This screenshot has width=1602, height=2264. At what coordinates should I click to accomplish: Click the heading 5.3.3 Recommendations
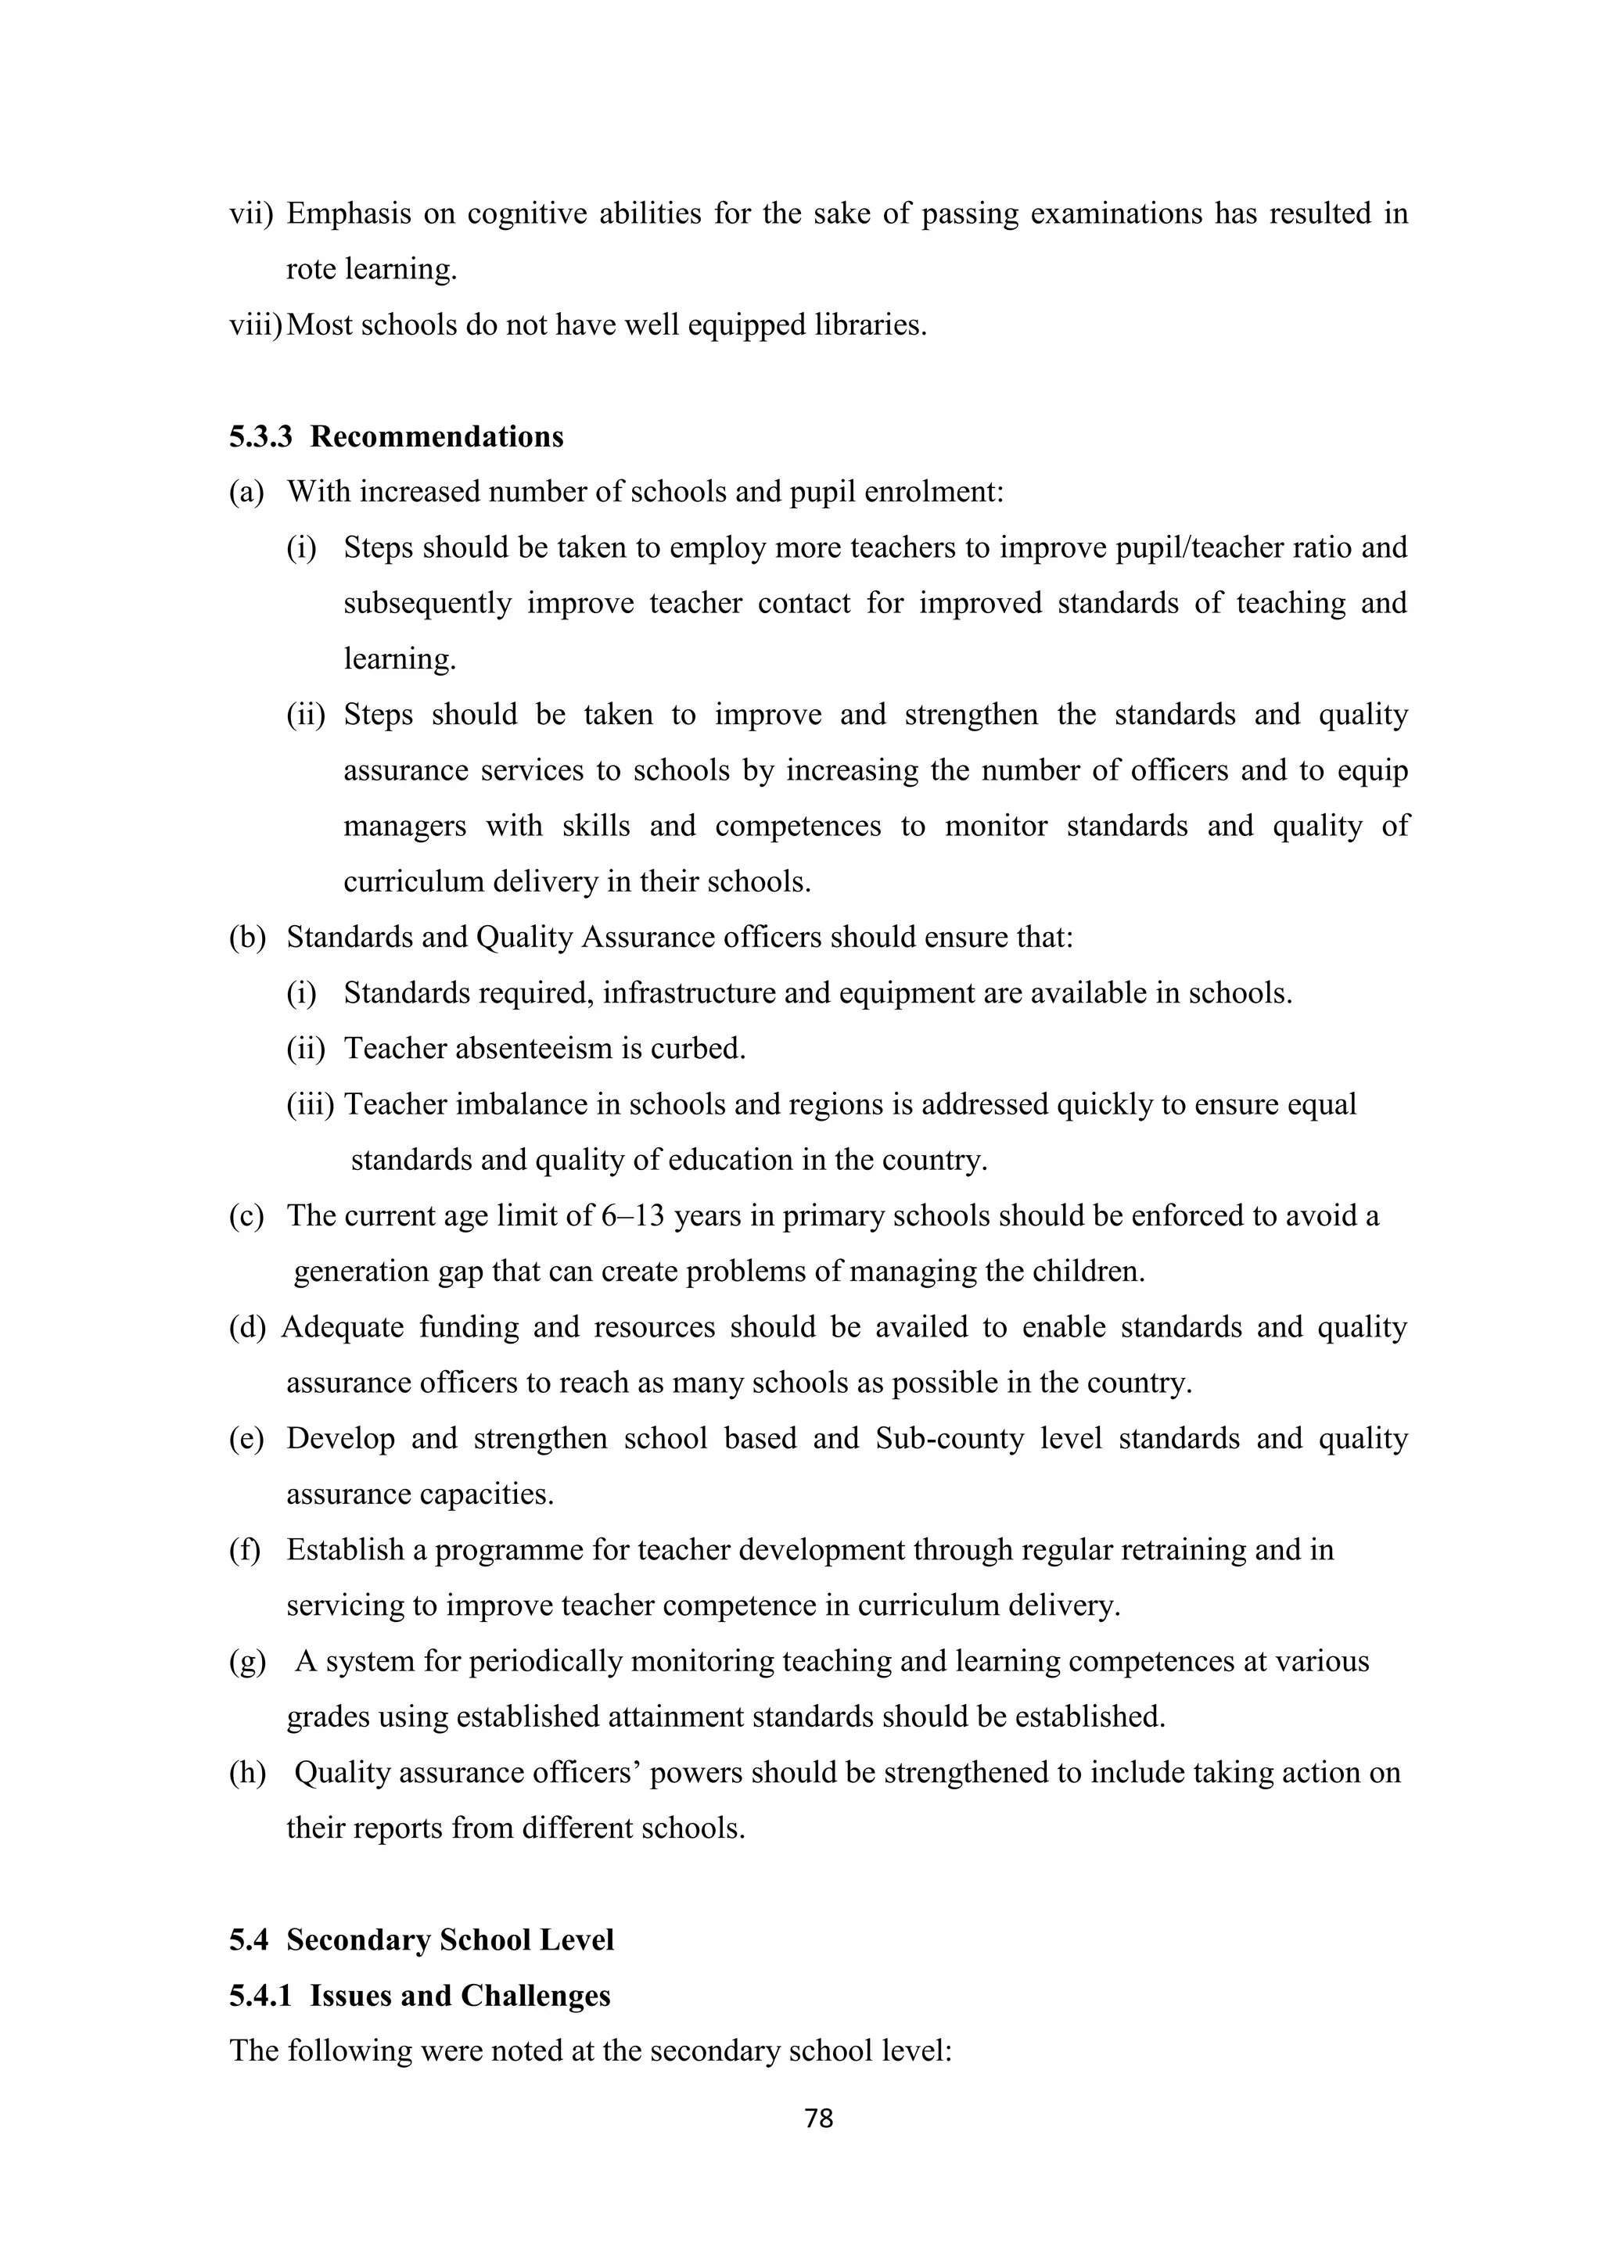[397, 437]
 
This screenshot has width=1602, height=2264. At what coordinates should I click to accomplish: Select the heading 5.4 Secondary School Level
[422, 1939]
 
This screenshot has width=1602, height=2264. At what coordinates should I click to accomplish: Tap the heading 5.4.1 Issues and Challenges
[420, 1995]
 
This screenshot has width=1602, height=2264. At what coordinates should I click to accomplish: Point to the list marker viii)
[256, 325]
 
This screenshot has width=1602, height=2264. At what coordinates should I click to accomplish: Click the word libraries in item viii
[871, 325]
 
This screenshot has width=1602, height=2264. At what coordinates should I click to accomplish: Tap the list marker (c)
[246, 1216]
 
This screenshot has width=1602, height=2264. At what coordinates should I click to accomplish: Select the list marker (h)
[248, 1772]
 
